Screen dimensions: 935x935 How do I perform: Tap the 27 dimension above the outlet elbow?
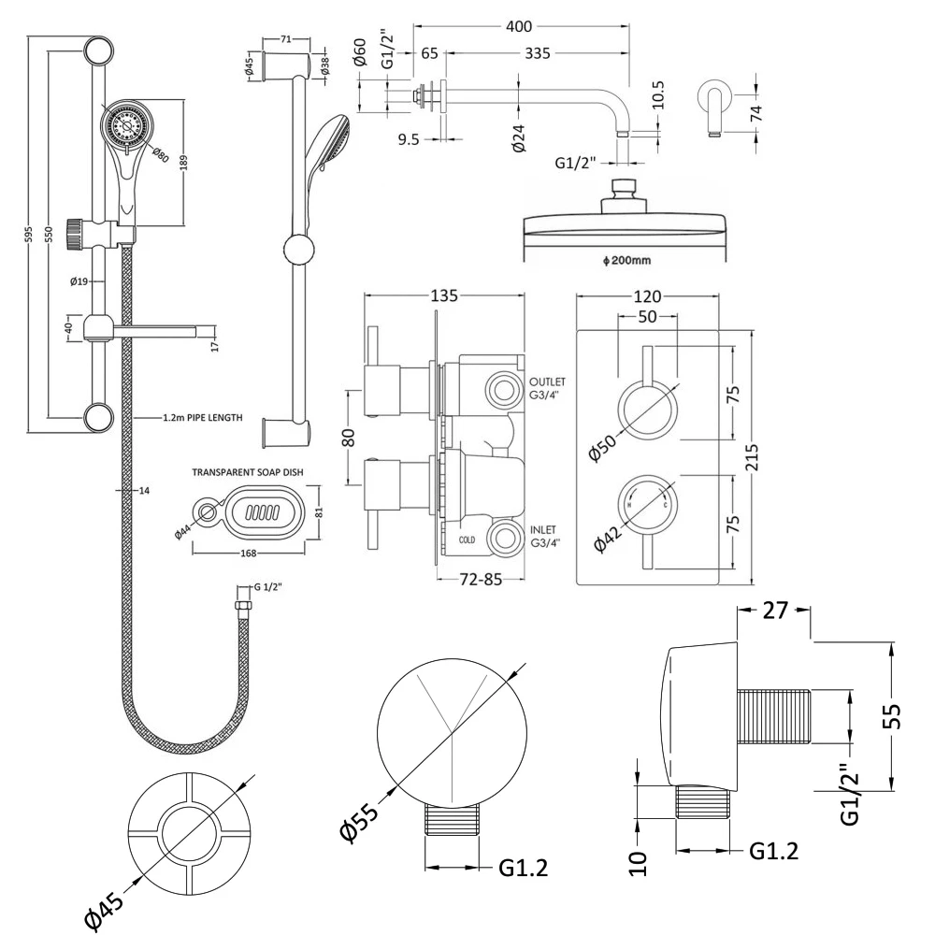click(x=773, y=611)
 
